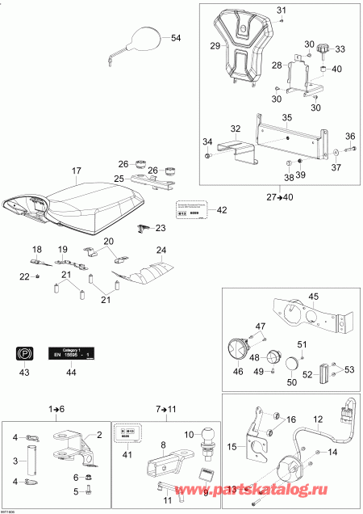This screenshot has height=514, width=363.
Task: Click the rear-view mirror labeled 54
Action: pyautogui.click(x=144, y=38)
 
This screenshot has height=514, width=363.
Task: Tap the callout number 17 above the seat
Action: pyautogui.click(x=77, y=171)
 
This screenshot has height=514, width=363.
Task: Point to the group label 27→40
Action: pyautogui.click(x=280, y=196)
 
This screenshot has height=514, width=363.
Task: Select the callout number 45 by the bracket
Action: pyautogui.click(x=314, y=296)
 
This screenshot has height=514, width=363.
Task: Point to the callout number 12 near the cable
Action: pyautogui.click(x=316, y=419)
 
